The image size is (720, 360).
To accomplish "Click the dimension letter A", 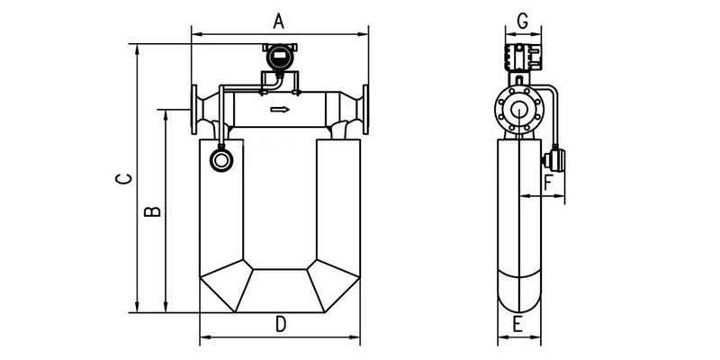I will click(279, 20).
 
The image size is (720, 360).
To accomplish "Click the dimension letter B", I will click(153, 212).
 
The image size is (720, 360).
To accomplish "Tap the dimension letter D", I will click(280, 324).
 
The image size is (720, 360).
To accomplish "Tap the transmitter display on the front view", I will click(279, 60).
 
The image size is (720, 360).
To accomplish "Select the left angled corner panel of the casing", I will click(224, 286).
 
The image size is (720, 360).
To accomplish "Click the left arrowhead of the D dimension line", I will click(202, 338).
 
